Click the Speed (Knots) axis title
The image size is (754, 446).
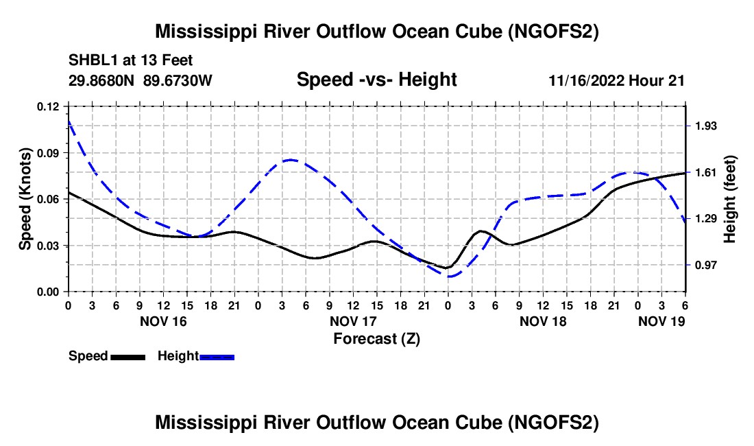pyautogui.click(x=25, y=199)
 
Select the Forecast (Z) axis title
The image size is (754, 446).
pyautogui.click(x=376, y=338)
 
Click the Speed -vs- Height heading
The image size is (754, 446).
pyautogui.click(x=376, y=80)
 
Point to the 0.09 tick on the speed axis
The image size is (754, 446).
pyautogui.click(x=49, y=152)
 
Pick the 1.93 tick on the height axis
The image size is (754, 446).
pyautogui.click(x=705, y=126)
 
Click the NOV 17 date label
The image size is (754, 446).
pyautogui.click(x=353, y=321)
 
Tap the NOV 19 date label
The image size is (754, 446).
pyautogui.click(x=661, y=321)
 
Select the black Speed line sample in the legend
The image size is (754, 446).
pyautogui.click(x=127, y=357)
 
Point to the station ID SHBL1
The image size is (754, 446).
pyautogui.click(x=92, y=60)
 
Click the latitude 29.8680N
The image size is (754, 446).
pyautogui.click(x=102, y=80)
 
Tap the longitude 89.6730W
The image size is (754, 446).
pyautogui.click(x=178, y=80)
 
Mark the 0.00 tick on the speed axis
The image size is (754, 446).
pyautogui.click(x=49, y=292)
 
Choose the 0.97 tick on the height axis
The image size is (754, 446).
pyautogui.click(x=705, y=265)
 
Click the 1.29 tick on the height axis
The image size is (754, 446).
pyautogui.click(x=705, y=218)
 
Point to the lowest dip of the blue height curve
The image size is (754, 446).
pyautogui.click(x=449, y=277)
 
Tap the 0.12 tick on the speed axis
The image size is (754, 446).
pyautogui.click(x=49, y=106)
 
